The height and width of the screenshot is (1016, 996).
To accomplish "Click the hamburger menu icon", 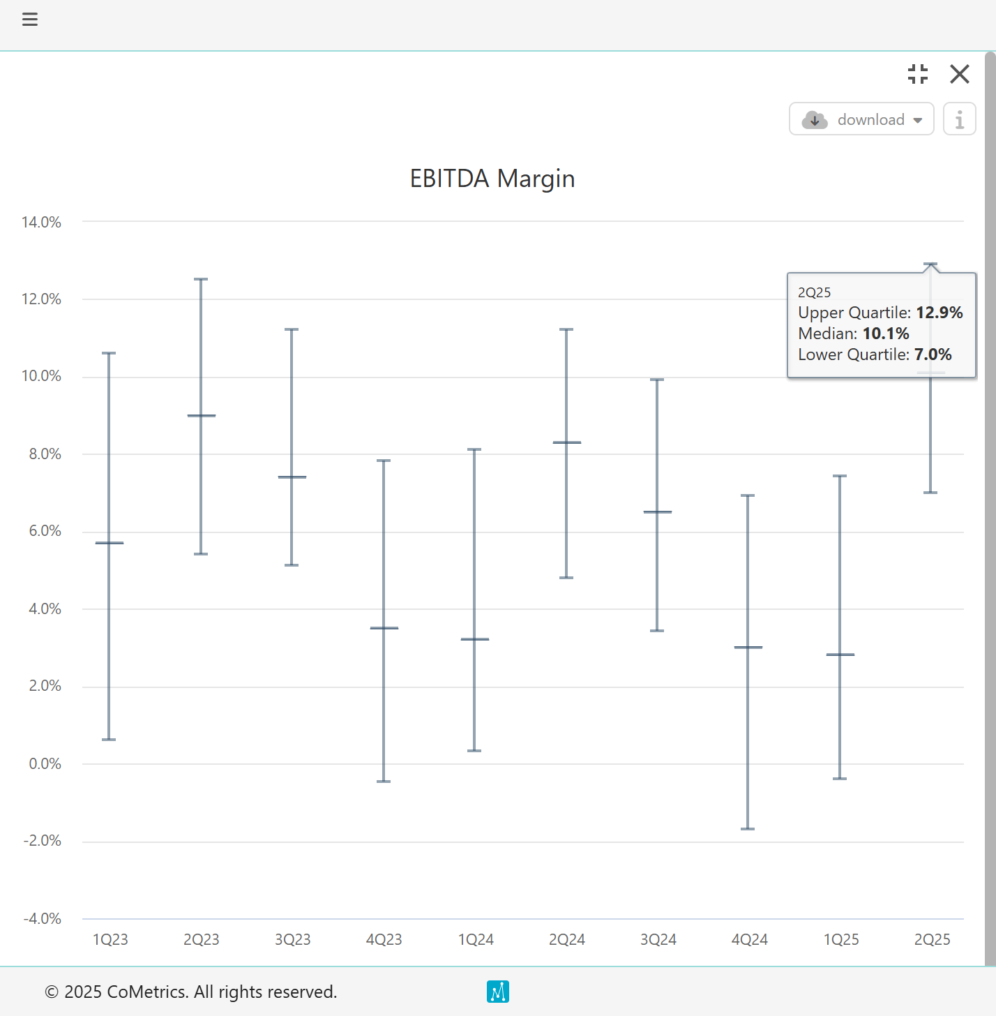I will (30, 20).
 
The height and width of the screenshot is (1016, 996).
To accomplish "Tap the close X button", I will (960, 74).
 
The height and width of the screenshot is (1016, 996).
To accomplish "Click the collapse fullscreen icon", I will (918, 74).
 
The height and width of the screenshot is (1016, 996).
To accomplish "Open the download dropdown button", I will (861, 119).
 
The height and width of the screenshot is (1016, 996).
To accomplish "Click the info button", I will (960, 119).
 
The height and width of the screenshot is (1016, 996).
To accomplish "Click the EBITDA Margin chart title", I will (492, 179).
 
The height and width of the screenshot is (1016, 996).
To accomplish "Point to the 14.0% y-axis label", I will (42, 223).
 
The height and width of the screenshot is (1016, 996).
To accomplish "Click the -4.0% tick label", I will (43, 919).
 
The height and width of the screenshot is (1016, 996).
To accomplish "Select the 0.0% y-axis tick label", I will (45, 764).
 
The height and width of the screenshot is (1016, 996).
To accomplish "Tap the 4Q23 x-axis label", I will (384, 940).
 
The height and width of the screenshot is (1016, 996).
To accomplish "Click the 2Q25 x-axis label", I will (933, 940).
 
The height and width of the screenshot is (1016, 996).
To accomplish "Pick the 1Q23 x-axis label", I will (110, 940).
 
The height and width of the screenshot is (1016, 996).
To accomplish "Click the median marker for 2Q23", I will (202, 416).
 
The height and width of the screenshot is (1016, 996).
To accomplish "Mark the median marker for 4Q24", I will (748, 648).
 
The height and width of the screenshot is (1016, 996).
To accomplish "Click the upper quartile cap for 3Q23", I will (292, 329).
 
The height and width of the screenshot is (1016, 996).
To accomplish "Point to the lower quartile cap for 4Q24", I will (748, 829).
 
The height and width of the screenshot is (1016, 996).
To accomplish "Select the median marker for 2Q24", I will (567, 442).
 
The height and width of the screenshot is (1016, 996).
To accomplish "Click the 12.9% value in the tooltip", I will (940, 313).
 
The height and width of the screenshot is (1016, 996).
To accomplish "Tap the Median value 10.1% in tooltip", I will (886, 334).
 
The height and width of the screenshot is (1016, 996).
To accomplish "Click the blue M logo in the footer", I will (498, 992).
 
